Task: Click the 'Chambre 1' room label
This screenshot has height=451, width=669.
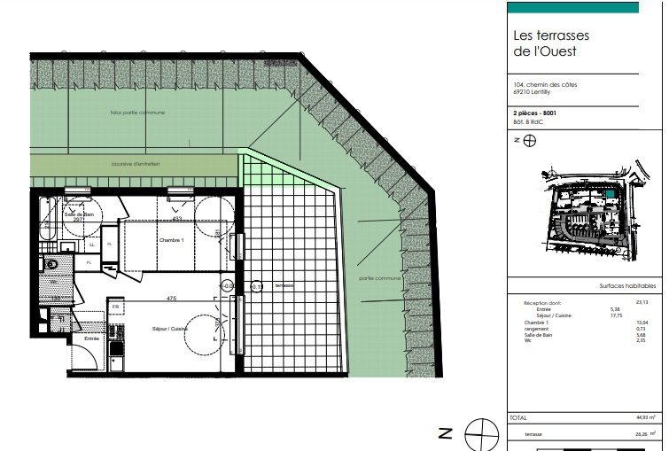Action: pos(171,240)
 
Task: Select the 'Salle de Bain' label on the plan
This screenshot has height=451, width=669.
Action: pos(79,214)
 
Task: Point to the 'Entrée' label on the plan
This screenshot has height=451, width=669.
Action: pos(91,338)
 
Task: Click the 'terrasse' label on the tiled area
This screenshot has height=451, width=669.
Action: pos(284,285)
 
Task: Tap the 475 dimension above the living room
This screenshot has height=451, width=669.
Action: pos(172,299)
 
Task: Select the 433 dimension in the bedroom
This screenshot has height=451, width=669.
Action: pos(177,218)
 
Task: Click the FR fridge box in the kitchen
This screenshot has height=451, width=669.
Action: pos(115,307)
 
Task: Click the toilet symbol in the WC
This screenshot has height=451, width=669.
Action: pos(51,264)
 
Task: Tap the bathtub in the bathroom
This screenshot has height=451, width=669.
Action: pos(45,229)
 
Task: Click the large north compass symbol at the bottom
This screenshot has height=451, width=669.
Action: pos(481,432)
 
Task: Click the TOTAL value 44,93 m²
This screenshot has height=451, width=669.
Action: pos(643,416)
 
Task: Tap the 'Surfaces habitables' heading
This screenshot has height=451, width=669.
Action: pos(627,286)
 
